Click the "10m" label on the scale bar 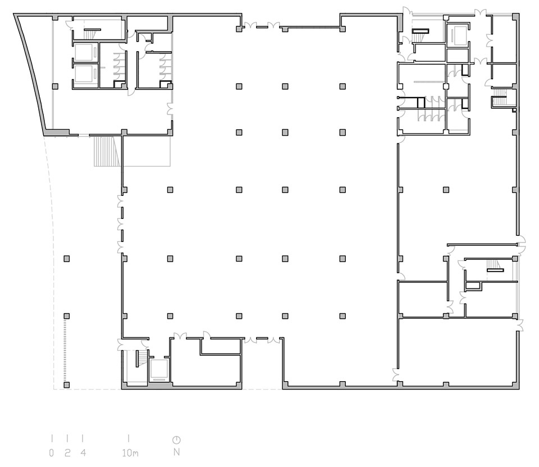click(x=130, y=453)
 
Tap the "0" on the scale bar click(x=52, y=453)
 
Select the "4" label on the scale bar click(x=83, y=453)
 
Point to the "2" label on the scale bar click(x=67, y=453)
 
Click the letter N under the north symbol click(x=177, y=452)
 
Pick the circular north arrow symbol click(x=177, y=439)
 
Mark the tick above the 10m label click(x=129, y=438)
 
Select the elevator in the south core click(x=159, y=370)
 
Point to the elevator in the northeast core click(x=457, y=34)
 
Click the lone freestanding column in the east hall click(x=446, y=190)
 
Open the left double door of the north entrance click(x=249, y=25)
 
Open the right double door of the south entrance click(x=273, y=340)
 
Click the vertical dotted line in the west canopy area click(x=65, y=350)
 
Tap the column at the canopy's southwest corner click(x=67, y=384)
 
